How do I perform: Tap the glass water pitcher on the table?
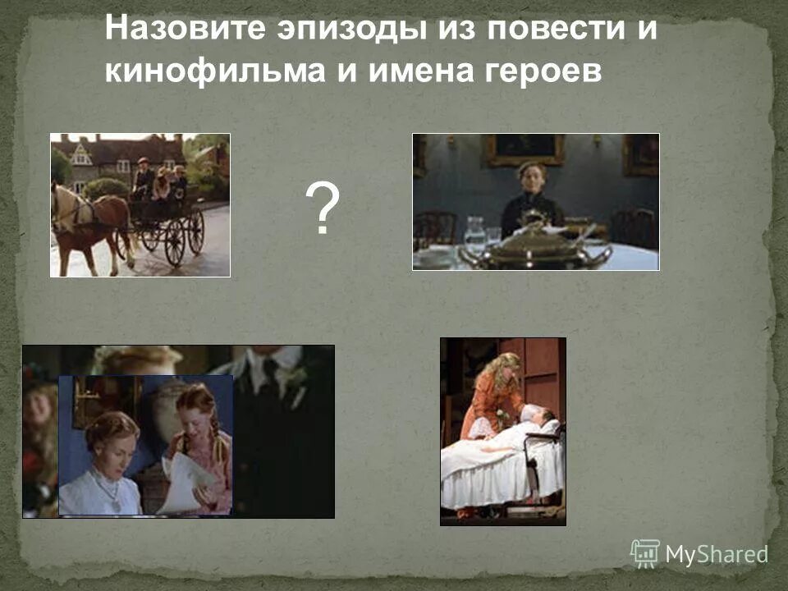coord(475,232)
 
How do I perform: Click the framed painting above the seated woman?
coord(523,149)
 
